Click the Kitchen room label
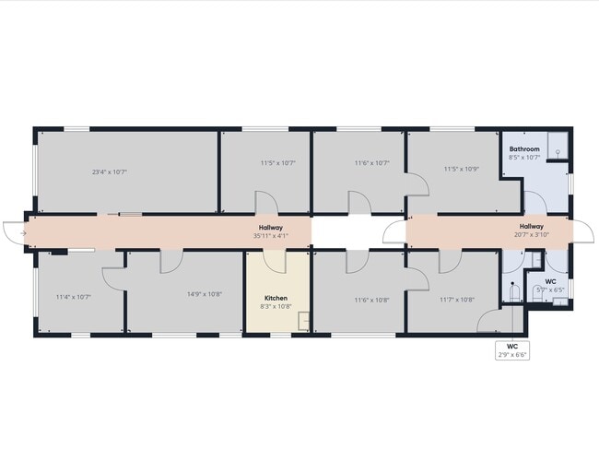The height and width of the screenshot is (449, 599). [276, 298]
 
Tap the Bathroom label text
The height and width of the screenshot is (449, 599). [524, 149]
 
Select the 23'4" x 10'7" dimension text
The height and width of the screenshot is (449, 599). [110, 172]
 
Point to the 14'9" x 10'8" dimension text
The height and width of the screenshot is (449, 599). [205, 294]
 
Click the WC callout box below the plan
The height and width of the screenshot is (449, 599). [512, 350]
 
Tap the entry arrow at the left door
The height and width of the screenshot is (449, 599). [23, 233]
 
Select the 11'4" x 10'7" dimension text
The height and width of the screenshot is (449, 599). [74, 297]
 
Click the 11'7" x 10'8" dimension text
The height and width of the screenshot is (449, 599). [457, 300]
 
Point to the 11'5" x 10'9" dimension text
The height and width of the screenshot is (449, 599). [462, 169]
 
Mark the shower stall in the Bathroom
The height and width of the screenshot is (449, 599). [558, 146]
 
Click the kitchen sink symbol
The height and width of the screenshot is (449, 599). [304, 321]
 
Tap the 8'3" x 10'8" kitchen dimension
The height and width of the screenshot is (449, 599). [276, 306]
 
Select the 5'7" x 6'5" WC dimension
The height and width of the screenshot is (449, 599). [550, 290]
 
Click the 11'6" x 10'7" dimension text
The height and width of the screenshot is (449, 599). [371, 163]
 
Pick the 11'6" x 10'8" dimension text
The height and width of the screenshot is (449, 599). [371, 301]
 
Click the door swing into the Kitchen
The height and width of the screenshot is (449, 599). [275, 262]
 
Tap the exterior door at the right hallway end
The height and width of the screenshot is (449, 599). [583, 231]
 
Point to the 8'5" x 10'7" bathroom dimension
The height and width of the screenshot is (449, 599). [524, 158]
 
